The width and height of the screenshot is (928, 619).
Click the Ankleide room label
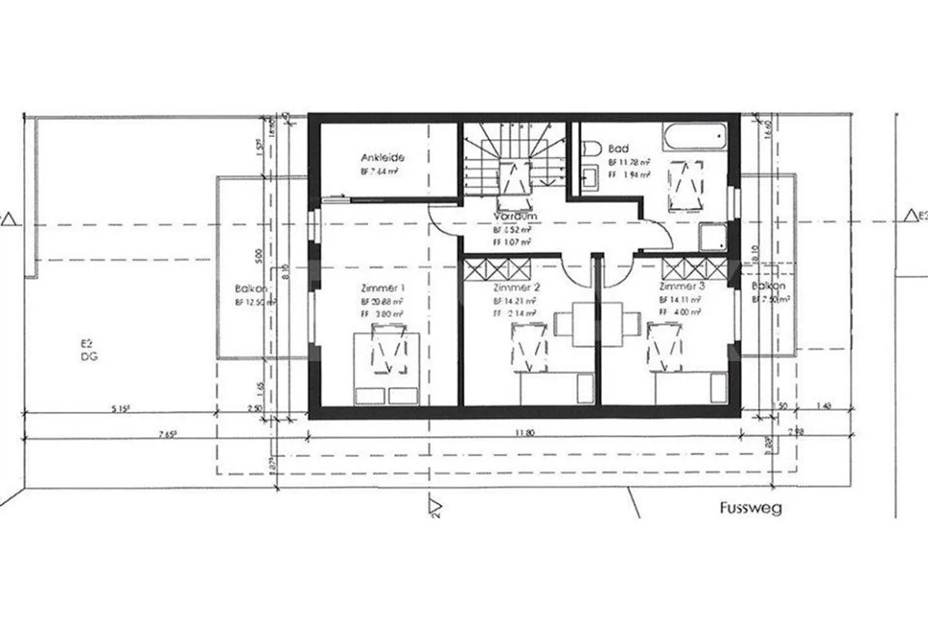click(x=382, y=157)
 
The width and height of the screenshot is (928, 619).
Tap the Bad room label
click(x=618, y=149)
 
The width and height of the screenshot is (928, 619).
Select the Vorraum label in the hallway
click(x=515, y=217)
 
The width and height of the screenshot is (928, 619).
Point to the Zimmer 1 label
click(x=383, y=288)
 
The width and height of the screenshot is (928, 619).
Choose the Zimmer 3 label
click(x=682, y=286)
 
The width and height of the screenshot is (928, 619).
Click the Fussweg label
click(x=751, y=508)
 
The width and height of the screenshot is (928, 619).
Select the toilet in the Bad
click(x=588, y=148)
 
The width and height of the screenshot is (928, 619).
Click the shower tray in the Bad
click(x=713, y=237)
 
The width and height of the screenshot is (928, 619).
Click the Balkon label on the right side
click(x=769, y=286)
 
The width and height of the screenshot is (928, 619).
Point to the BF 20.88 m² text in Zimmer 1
click(x=382, y=302)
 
